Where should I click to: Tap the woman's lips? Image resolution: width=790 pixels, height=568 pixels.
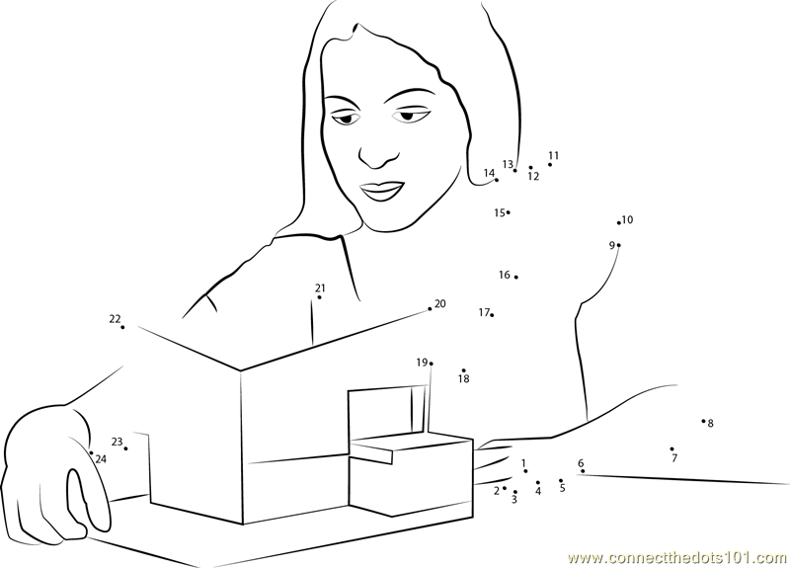point(381,191)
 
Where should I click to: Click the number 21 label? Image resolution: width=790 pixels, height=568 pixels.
point(320,288)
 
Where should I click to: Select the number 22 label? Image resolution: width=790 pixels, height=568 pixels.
point(115,318)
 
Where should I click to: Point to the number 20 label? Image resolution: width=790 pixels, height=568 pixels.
point(439,303)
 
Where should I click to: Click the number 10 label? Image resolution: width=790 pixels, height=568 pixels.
point(627,219)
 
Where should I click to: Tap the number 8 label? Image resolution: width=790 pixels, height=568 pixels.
point(710,424)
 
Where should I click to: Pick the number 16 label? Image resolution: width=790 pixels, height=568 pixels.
point(505,275)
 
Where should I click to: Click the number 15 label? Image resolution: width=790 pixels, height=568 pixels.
point(500,212)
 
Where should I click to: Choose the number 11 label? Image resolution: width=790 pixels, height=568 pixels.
point(554,155)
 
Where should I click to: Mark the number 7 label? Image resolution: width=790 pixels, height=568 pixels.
point(674,458)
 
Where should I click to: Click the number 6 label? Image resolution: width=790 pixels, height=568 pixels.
point(581,463)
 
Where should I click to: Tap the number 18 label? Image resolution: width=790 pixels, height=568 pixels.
point(463,378)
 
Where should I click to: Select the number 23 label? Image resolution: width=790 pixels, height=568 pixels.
point(117,442)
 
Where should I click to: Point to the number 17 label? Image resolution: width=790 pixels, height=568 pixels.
point(484,312)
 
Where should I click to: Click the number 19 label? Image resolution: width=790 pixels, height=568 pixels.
point(422,362)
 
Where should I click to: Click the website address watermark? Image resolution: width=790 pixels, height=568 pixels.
point(677,558)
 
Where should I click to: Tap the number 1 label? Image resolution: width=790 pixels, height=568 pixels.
point(523,462)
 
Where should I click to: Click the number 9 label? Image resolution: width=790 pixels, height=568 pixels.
point(612,245)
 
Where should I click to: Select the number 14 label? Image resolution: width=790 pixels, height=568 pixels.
point(489,173)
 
